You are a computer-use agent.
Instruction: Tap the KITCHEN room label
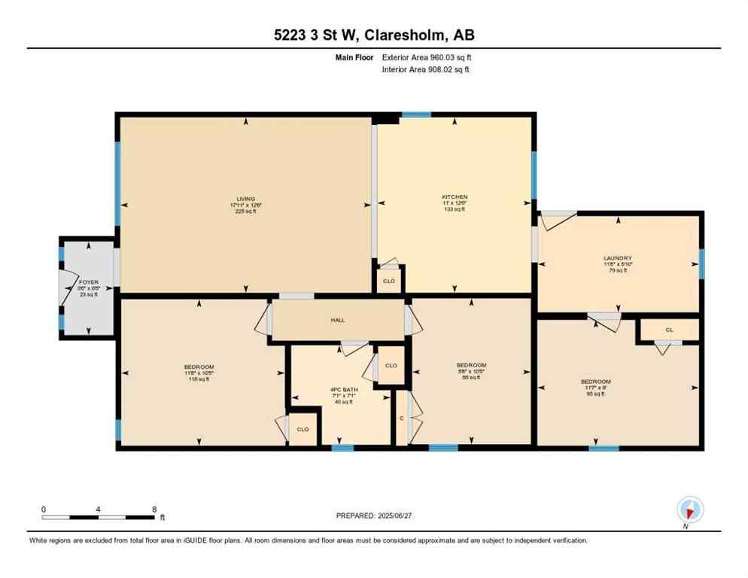455,197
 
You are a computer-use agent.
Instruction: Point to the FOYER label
88,282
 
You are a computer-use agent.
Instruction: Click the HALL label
337,320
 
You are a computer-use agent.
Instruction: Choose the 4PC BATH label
342,390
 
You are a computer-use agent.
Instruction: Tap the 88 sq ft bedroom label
471,365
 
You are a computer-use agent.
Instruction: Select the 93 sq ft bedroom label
595,382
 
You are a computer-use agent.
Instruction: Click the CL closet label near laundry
669,330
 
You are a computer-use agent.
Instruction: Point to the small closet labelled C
401,418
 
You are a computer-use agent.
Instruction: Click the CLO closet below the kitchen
389,281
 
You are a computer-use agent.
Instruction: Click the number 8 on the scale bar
154,509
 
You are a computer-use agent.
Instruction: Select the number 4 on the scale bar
99,509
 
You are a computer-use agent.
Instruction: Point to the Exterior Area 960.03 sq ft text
427,57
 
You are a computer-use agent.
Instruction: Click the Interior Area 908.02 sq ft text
426,70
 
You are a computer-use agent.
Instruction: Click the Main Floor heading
354,57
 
